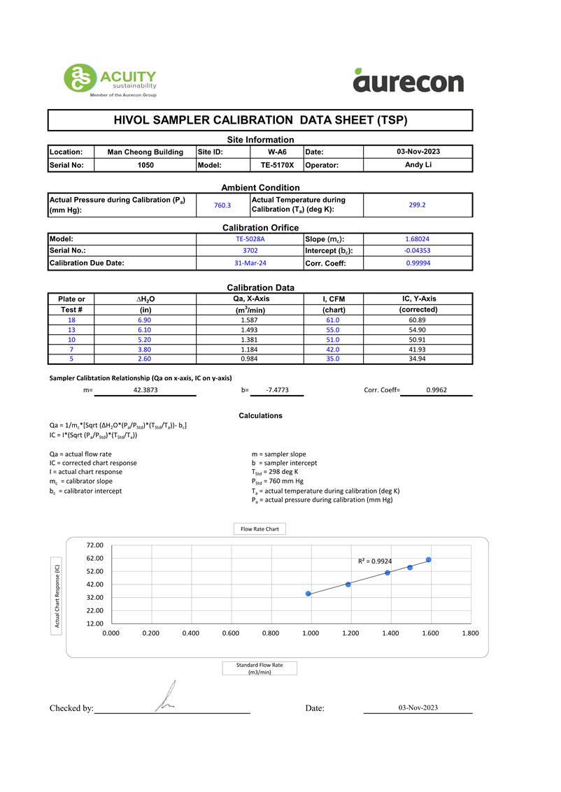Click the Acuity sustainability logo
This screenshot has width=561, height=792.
coord(110,80)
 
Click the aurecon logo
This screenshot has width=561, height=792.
coord(409,81)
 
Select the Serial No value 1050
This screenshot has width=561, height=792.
coord(145,166)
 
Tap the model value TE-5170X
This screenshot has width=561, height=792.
coord(277,166)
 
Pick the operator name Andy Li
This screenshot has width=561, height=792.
coord(418,165)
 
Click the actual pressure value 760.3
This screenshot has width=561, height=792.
coord(222,206)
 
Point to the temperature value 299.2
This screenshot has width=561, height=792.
coord(418,206)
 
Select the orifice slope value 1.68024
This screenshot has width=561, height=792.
coord(418,239)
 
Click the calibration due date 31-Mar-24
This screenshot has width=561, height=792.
coord(250,264)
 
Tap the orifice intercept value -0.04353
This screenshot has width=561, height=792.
coord(418,251)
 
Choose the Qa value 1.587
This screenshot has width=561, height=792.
coord(250,320)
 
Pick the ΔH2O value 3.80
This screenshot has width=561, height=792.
coord(145,350)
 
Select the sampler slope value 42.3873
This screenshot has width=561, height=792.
coord(145,391)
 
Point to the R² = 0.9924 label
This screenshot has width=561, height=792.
coord(375,561)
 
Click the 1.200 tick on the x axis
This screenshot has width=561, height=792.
coord(350,633)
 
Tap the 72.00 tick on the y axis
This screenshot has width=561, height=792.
coord(94,545)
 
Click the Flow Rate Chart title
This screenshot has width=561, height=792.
coord(260,529)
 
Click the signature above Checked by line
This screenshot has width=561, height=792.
coord(165,698)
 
